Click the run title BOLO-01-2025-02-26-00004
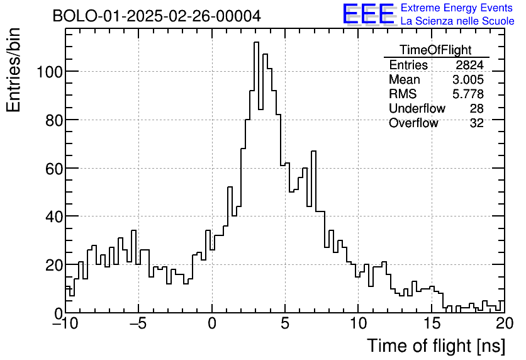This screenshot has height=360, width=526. click(157, 16)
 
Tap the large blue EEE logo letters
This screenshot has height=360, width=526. click(368, 14)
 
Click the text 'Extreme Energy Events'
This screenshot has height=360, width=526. click(457, 8)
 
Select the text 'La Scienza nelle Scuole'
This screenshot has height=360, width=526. click(457, 21)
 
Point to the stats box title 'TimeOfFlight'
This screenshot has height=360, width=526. click(435, 50)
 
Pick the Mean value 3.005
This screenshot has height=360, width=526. click(468, 80)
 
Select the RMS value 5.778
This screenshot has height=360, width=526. click(468, 94)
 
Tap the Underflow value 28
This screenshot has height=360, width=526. click(476, 109)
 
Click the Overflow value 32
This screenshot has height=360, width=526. click(476, 123)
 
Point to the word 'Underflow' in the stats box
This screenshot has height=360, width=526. click(417, 109)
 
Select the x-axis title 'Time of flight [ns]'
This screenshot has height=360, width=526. click(435, 346)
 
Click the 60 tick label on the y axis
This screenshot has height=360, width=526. click(54, 168)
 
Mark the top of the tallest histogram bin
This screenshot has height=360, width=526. click(257, 42)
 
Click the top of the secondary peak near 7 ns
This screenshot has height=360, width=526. click(313, 152)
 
